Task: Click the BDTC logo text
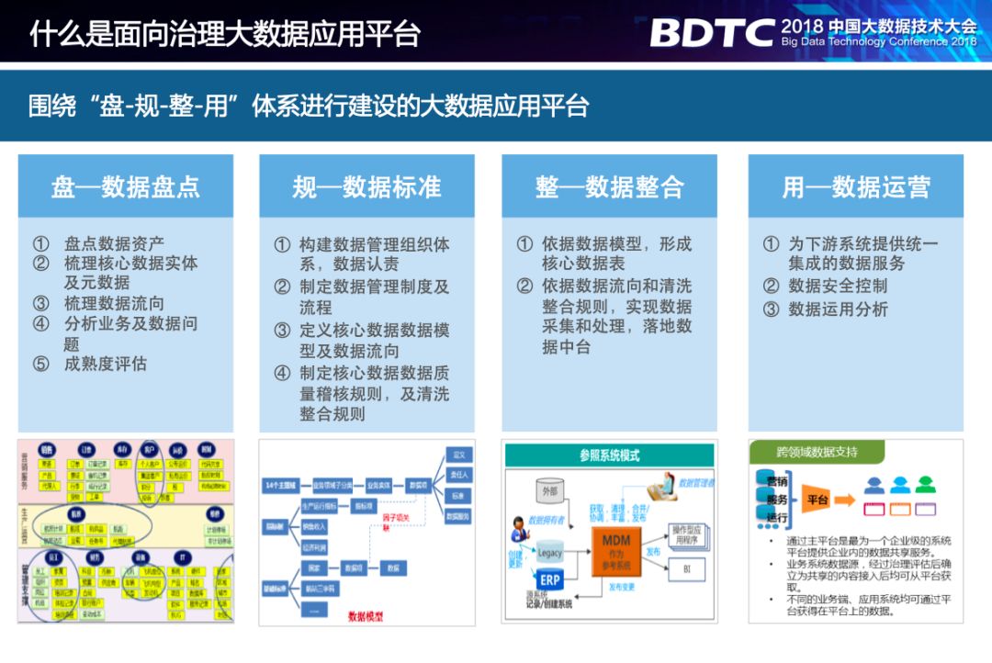click(x=712, y=32)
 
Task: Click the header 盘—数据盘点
click(x=126, y=187)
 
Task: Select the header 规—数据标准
click(x=366, y=187)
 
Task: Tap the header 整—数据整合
click(x=609, y=187)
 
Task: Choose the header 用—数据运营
click(x=856, y=187)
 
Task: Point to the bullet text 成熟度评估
click(x=106, y=364)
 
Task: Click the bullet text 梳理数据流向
click(x=115, y=303)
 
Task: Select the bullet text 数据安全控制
click(x=838, y=286)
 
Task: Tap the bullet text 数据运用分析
click(x=838, y=309)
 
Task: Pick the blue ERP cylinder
click(x=550, y=581)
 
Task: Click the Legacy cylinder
click(x=549, y=553)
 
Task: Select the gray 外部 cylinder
click(x=549, y=491)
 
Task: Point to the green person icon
click(x=925, y=484)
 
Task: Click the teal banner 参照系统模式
click(x=609, y=455)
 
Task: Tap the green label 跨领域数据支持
click(x=817, y=452)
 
